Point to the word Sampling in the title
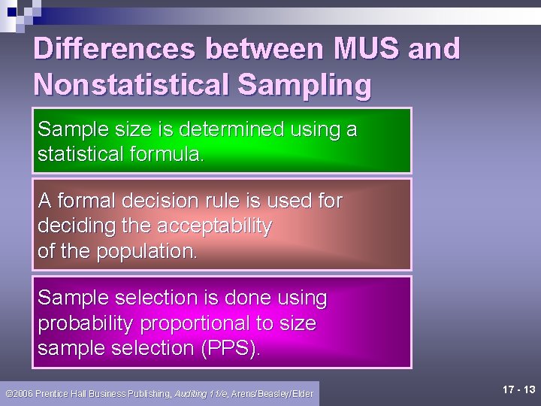304,84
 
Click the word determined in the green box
219,129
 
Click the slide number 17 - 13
518,389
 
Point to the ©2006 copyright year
20,393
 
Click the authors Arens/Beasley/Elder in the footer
272,393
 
